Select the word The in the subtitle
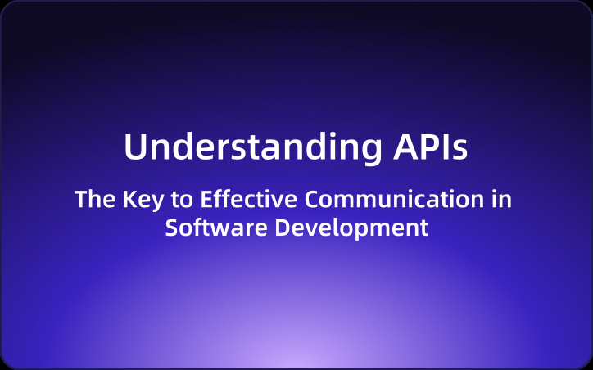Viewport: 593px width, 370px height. (91, 200)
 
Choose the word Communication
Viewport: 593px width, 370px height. (391, 200)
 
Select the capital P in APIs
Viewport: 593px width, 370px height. (423, 147)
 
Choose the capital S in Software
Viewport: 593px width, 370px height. (172, 227)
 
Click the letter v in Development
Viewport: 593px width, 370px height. (310, 228)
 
